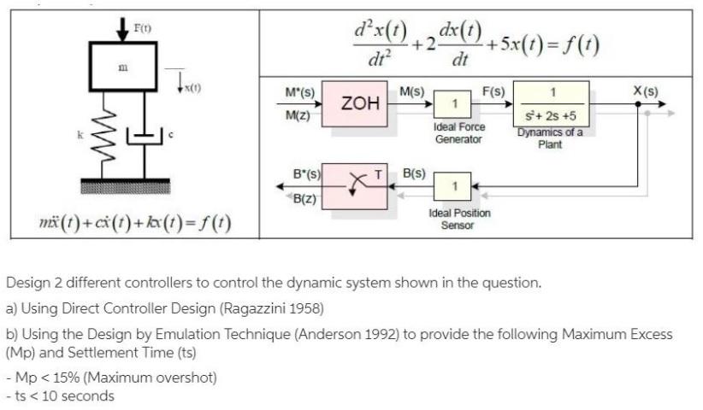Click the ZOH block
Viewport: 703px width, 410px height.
[x=360, y=103]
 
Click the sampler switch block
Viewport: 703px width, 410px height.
[x=360, y=182]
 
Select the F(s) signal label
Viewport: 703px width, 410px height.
[x=493, y=90]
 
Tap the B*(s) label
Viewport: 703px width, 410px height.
[x=306, y=173]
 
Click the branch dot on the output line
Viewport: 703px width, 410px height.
[x=637, y=102]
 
